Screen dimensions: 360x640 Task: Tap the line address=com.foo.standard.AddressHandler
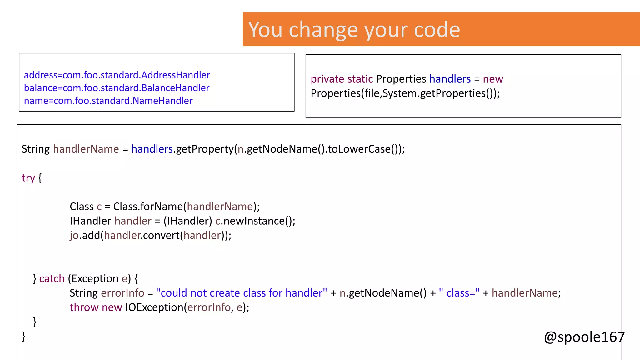pos(117,75)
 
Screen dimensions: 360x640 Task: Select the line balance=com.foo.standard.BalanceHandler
pos(117,88)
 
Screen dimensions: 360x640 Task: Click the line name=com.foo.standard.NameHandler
pos(108,101)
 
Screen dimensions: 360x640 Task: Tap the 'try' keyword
pos(28,178)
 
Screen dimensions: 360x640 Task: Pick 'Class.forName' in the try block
pos(148,207)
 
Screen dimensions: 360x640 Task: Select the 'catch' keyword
pos(52,278)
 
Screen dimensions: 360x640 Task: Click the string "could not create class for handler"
pos(241,293)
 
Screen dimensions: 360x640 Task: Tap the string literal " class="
pos(459,293)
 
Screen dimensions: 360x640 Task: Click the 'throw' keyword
pos(84,307)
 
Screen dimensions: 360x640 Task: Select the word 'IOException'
pos(154,307)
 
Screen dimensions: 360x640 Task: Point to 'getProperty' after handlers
pos(205,149)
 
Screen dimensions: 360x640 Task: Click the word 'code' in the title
pos(437,30)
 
